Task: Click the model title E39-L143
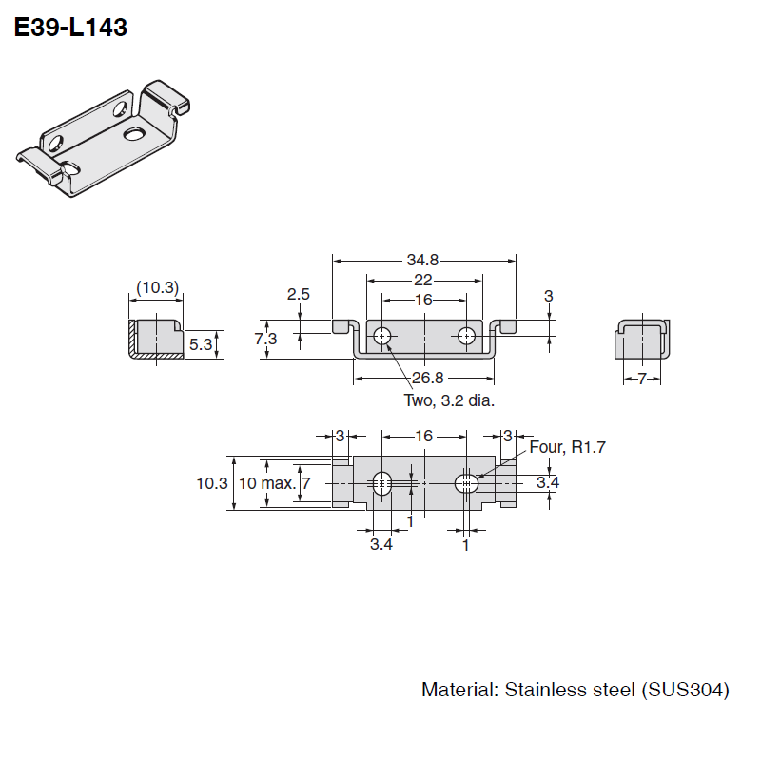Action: point(70,29)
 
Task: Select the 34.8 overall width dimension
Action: point(423,260)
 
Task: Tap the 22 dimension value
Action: point(423,280)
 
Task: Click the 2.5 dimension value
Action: point(299,294)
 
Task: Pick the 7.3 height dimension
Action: point(266,340)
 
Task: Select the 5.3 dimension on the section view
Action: point(200,344)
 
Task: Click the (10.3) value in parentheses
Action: point(157,287)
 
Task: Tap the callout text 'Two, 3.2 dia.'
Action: point(449,400)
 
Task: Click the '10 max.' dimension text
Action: point(266,483)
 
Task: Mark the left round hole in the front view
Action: point(381,336)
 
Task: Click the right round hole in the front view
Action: point(466,336)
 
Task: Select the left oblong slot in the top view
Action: point(381,483)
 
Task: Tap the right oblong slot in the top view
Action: point(465,483)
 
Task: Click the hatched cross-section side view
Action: point(155,340)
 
